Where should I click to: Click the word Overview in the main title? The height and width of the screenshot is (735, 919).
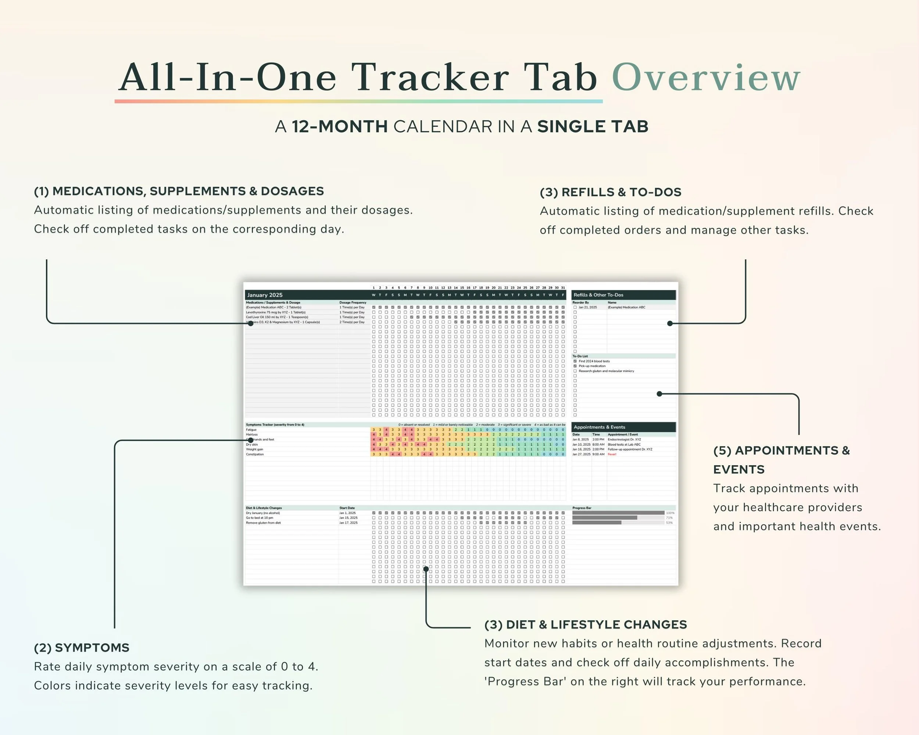pos(706,78)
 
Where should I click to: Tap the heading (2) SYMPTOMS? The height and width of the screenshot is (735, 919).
pos(81,648)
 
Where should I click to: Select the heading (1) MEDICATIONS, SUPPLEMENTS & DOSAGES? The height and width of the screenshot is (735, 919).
pos(179,191)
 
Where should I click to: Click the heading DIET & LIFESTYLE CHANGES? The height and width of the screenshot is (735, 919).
pos(596,625)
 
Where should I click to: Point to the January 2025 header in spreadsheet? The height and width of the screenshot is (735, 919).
pos(265,295)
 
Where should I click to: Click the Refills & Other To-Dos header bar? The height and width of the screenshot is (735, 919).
pos(623,295)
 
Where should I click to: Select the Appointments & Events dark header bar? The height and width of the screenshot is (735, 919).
pos(623,427)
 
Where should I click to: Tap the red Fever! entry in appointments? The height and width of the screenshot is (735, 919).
pos(612,454)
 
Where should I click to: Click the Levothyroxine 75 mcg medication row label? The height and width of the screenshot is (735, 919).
pos(275,312)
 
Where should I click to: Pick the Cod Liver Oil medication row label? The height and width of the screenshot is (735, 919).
pos(277,317)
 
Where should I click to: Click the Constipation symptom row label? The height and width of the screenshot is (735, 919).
pos(255,454)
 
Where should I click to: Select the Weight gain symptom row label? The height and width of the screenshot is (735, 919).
pos(254,449)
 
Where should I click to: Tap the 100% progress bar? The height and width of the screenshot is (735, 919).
pos(618,513)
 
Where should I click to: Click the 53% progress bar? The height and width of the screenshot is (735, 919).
pos(597,522)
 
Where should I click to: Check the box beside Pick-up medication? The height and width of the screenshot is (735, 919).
pos(575,366)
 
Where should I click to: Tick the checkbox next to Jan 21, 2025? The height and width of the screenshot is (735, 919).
pos(575,307)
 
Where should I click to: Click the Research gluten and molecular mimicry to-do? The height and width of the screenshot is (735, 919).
pos(606,371)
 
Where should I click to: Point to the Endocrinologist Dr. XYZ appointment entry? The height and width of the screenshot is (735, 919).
pos(624,439)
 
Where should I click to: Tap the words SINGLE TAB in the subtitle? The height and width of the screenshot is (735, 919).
pos(593,126)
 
